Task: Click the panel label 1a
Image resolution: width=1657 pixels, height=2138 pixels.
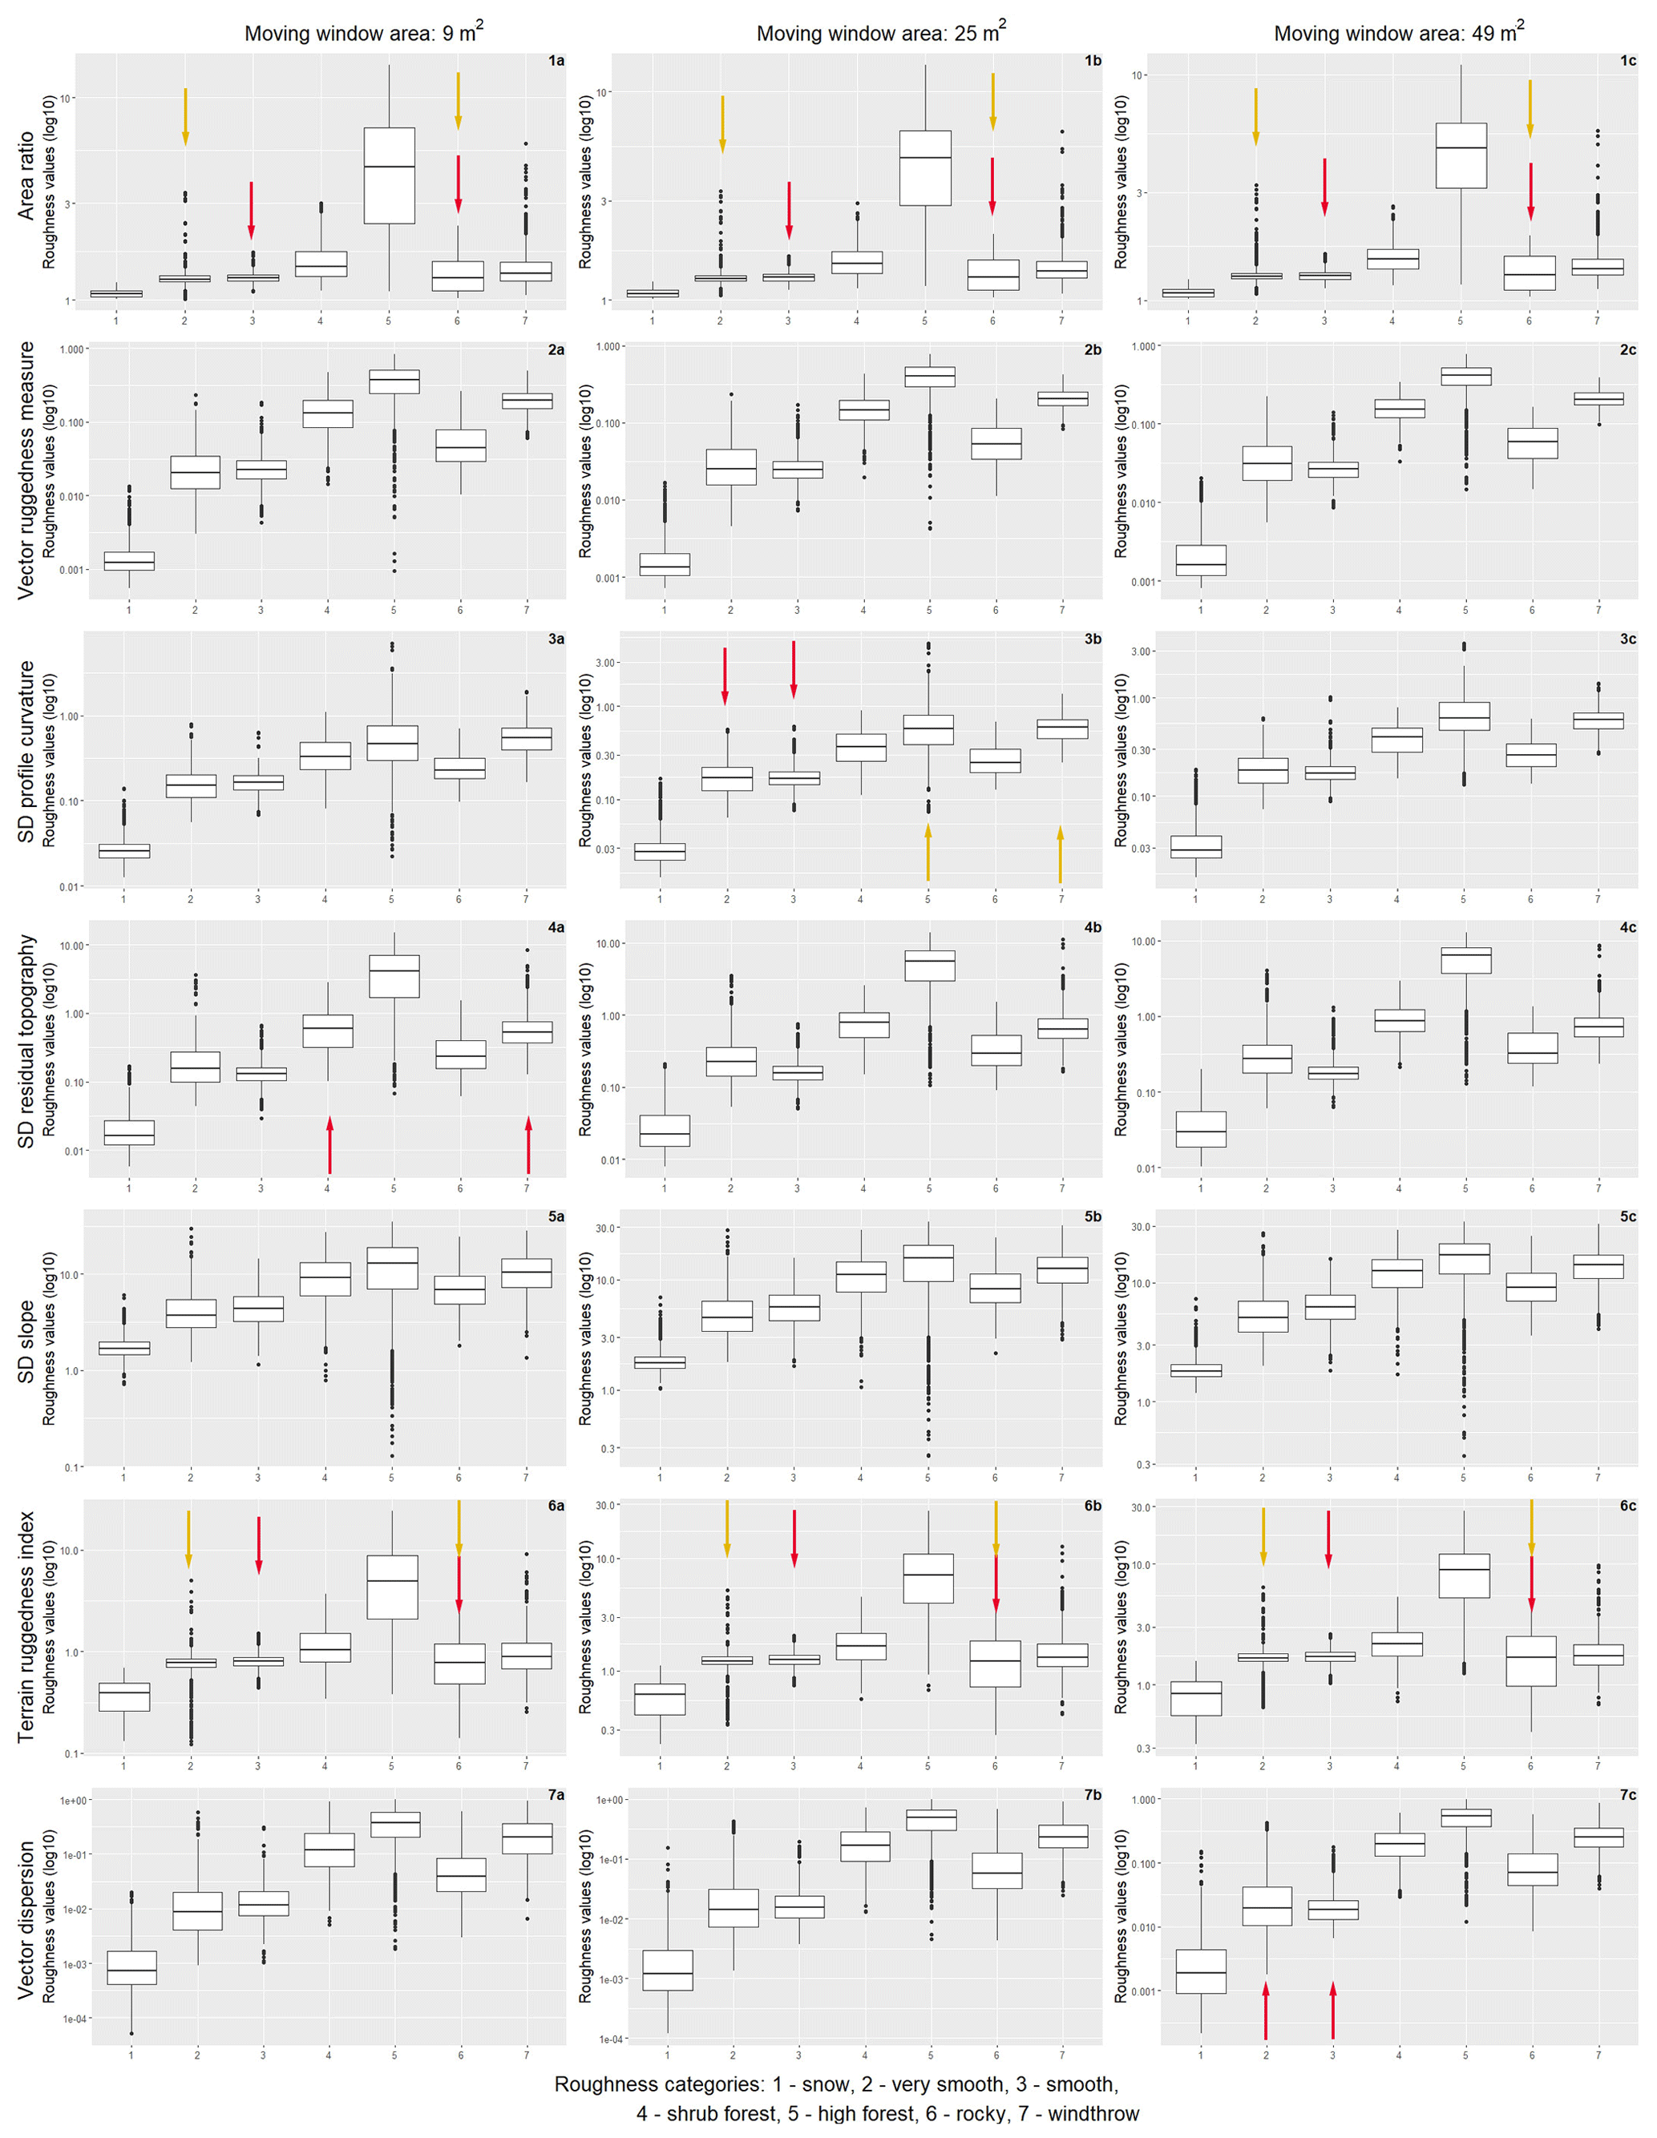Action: tap(556, 61)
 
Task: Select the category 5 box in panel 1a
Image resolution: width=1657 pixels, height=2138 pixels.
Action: tap(389, 175)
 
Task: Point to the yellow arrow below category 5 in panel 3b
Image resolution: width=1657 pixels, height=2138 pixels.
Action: tap(928, 853)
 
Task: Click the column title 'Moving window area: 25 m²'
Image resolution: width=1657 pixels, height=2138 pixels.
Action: tap(880, 34)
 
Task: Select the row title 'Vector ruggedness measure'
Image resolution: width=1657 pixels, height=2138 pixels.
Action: tap(26, 470)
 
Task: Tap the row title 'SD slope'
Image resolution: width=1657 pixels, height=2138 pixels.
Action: tap(26, 1341)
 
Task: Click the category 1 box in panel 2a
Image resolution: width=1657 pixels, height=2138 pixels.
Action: tap(129, 561)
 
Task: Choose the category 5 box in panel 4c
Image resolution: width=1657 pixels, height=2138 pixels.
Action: tap(1466, 959)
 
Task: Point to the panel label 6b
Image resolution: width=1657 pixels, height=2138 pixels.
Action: tap(1092, 1507)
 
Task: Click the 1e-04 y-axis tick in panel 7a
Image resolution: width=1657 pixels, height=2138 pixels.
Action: tap(75, 2019)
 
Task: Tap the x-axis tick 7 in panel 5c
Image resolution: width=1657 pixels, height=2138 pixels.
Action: tap(1597, 1477)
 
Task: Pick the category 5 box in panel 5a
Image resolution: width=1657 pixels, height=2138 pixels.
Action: tap(392, 1268)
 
